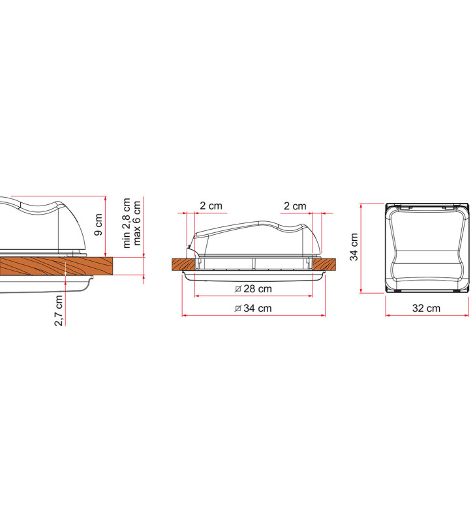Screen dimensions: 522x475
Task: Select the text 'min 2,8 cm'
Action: tap(127, 223)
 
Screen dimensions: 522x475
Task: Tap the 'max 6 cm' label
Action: tap(137, 223)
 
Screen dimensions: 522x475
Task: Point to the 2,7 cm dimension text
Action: tap(59, 310)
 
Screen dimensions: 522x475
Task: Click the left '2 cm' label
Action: tap(211, 206)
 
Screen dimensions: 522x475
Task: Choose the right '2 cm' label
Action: tap(295, 206)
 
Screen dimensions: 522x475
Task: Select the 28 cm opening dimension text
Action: tap(254, 288)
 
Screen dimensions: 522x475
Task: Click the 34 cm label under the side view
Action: tap(254, 309)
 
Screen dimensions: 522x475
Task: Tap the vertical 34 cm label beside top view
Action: tap(354, 247)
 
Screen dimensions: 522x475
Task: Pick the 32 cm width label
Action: tap(427, 309)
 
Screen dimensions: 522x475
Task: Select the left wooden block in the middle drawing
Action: tap(183, 264)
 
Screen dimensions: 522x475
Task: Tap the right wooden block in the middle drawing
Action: tap(324, 264)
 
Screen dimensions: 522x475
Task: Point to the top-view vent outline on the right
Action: tap(427, 248)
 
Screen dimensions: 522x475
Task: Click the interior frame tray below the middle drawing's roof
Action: tap(254, 277)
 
